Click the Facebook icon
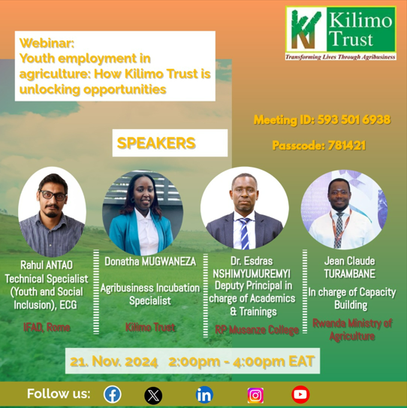(x=113, y=394)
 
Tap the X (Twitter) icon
(x=153, y=395)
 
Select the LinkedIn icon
(x=204, y=395)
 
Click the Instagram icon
(x=255, y=395)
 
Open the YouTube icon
(x=300, y=394)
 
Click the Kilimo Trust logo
(x=341, y=33)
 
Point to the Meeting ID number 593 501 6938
(x=354, y=119)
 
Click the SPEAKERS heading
(x=156, y=143)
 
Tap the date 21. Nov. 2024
(x=114, y=361)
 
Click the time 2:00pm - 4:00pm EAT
(x=242, y=361)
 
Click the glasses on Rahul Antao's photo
(x=53, y=195)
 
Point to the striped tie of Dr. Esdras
(x=245, y=234)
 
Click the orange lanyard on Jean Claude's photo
(x=340, y=225)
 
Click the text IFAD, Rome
(x=47, y=328)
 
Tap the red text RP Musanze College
(x=257, y=330)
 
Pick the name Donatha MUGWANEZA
(x=150, y=261)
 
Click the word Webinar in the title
(x=47, y=43)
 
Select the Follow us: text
(x=59, y=394)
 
